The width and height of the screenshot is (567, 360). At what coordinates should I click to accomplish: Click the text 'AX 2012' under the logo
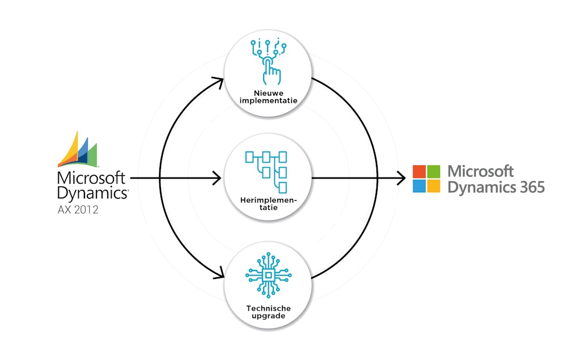[78, 210]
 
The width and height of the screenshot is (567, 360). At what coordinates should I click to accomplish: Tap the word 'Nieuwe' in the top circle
[268, 92]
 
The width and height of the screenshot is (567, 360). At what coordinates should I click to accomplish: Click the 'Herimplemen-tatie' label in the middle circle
[268, 204]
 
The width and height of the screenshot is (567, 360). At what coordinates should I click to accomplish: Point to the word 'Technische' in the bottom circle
[268, 308]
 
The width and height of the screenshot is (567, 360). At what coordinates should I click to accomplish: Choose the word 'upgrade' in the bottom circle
[268, 316]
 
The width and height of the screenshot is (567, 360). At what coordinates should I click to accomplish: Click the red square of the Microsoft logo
[419, 171]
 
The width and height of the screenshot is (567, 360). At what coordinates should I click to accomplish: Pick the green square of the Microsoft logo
[434, 171]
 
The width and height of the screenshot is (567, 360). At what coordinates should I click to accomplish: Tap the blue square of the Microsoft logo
[419, 186]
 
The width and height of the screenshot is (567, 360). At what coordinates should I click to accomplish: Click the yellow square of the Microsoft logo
[434, 186]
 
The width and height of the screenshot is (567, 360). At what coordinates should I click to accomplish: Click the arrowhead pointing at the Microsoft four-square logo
[401, 179]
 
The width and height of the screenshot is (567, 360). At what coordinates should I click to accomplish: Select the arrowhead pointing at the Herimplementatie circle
[217, 179]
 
